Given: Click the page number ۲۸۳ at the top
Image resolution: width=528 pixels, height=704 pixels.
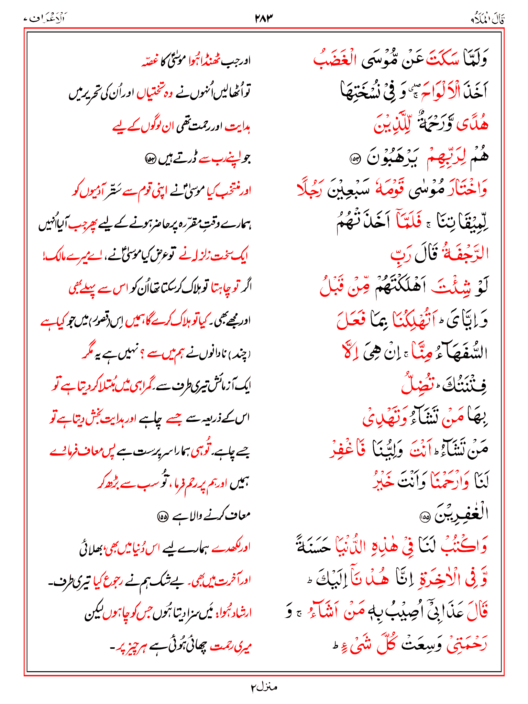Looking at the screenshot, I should pos(264,18).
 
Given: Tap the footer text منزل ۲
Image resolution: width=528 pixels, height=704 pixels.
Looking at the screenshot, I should pos(264,687).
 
